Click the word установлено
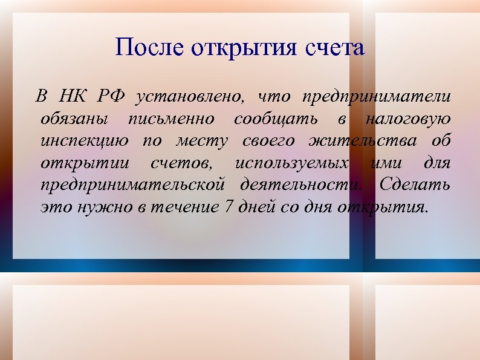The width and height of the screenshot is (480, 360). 191,97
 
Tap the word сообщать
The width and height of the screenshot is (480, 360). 276,119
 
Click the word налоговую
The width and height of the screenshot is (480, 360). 408,119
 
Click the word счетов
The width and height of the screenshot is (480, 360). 181,163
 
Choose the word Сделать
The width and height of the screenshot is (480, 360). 414,185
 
